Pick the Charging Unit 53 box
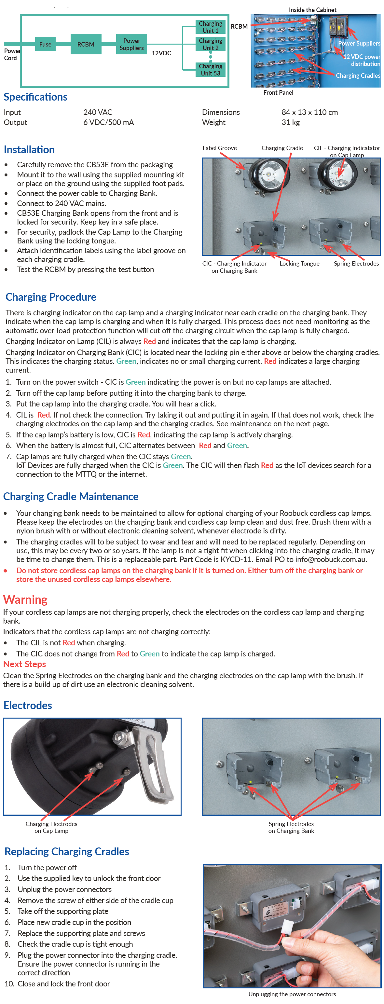(210, 70)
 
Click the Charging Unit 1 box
(210, 27)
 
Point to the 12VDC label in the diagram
(161, 53)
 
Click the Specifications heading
(35, 97)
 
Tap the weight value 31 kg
(290, 122)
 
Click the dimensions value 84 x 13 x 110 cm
(309, 112)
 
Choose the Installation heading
(29, 150)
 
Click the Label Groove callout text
(219, 148)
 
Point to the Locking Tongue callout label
(299, 264)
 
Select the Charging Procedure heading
(51, 297)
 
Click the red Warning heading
(25, 599)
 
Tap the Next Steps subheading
(24, 664)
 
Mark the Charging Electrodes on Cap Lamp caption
(51, 827)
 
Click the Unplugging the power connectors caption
(292, 994)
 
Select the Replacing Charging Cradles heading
(67, 852)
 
